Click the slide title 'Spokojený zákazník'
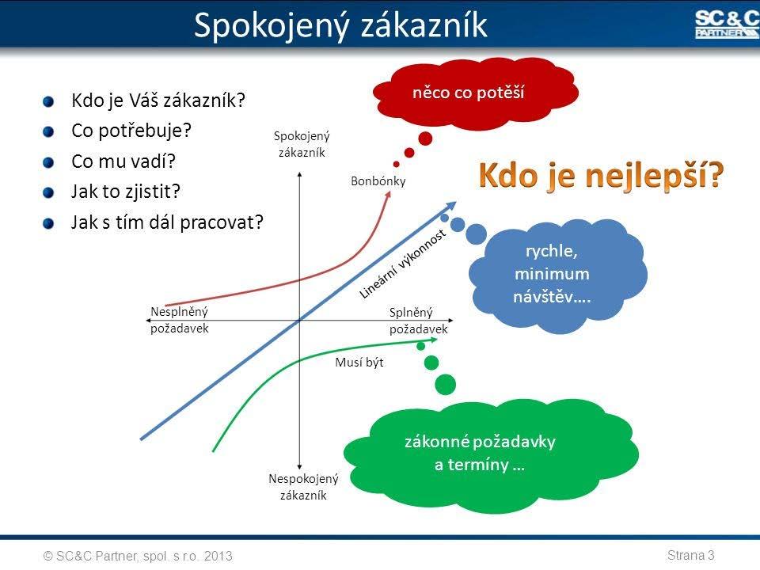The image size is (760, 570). [x=340, y=25]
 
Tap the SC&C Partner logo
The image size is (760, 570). [x=727, y=25]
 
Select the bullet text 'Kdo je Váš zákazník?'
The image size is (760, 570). [x=158, y=101]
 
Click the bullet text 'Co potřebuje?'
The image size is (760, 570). [x=131, y=131]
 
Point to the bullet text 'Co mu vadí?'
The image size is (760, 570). [x=123, y=161]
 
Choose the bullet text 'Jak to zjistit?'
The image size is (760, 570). [x=126, y=192]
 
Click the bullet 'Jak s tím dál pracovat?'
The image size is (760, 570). [x=167, y=222]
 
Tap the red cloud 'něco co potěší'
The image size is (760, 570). [x=475, y=94]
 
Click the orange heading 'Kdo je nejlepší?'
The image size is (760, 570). [x=601, y=176]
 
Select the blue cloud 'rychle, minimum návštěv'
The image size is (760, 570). [x=557, y=275]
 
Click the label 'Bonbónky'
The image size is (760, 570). [x=378, y=181]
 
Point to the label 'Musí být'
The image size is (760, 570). [x=359, y=363]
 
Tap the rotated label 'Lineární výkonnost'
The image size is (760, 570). [x=402, y=264]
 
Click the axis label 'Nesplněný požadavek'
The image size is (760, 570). [x=180, y=320]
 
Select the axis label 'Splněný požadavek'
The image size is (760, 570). [x=418, y=321]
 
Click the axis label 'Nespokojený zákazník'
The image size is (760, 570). [x=303, y=487]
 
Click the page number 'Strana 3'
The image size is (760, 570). [x=690, y=555]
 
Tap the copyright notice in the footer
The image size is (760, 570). [x=138, y=556]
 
